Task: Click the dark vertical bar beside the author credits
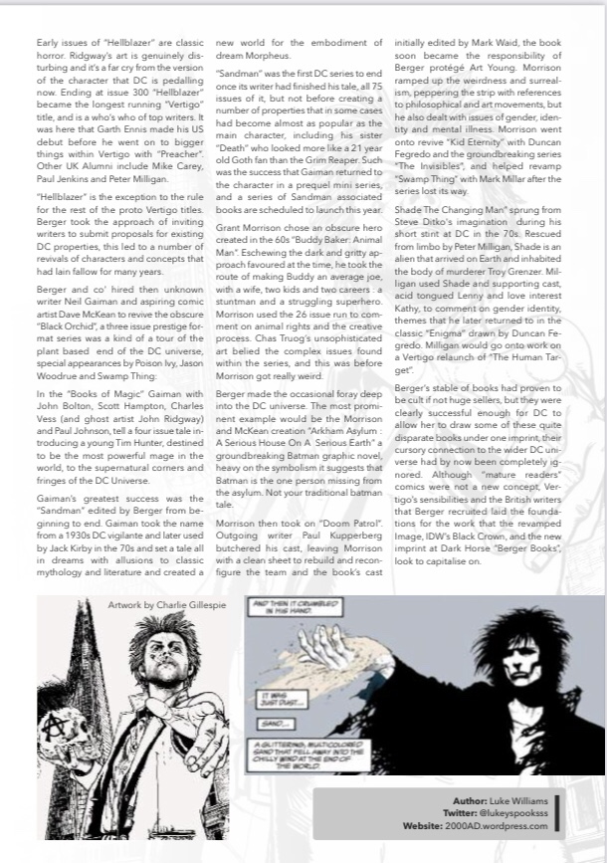click(x=557, y=812)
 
